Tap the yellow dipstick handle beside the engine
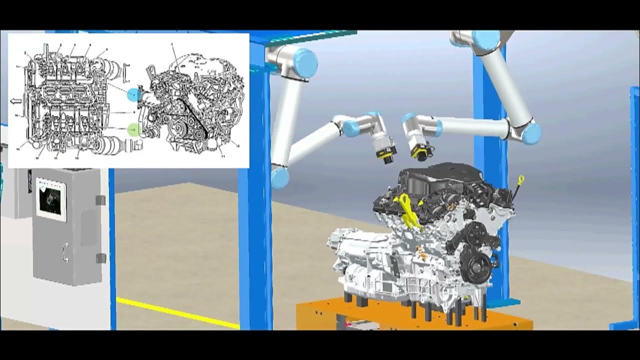[x=521, y=179]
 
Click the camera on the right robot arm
[x=419, y=150]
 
